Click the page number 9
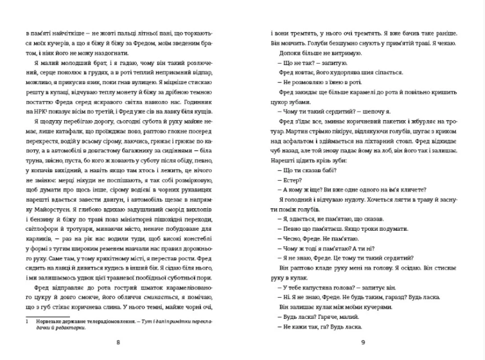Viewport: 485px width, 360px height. (x=363, y=342)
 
